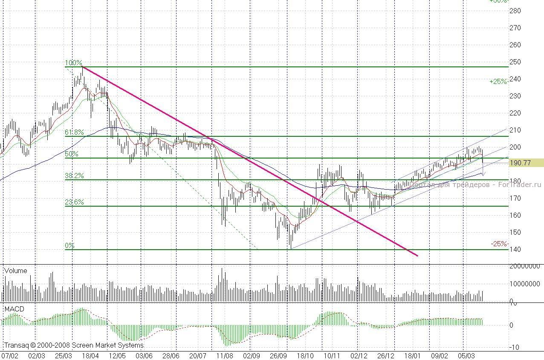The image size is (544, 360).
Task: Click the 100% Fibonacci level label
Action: (x=73, y=63)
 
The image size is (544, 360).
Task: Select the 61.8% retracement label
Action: (x=74, y=132)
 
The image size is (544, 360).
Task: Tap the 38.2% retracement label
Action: (x=74, y=176)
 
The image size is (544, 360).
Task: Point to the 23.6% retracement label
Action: (x=74, y=202)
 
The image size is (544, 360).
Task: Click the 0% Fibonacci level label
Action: (x=69, y=246)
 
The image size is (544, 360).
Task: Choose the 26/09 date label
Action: (x=278, y=355)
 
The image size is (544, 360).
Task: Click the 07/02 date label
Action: (x=10, y=355)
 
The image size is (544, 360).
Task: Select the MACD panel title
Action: (x=14, y=308)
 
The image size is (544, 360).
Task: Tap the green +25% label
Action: (x=498, y=81)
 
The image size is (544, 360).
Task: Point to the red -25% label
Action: (x=499, y=244)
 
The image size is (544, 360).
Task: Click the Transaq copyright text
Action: (x=74, y=345)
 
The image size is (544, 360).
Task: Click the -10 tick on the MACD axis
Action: (x=516, y=347)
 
